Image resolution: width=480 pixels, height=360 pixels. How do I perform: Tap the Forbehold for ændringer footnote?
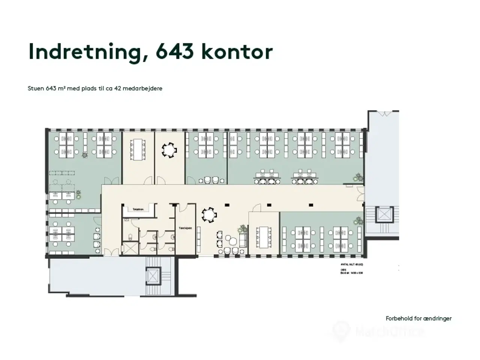coord(418,318)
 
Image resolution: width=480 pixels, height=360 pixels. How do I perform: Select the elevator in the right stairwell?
coord(385,214)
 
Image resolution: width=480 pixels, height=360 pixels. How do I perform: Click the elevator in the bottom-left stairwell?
coord(153,276)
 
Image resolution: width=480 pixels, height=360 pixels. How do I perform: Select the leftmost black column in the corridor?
coord(226,205)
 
